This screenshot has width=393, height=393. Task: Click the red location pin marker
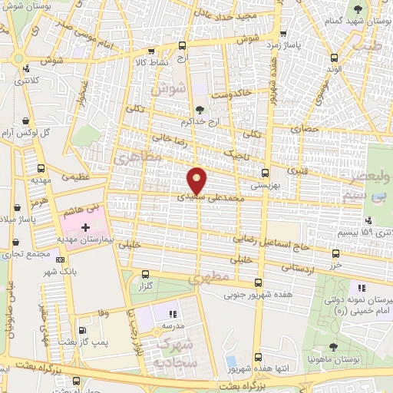pyautogui.click(x=197, y=180)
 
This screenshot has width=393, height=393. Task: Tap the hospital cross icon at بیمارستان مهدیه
pyautogui.click(x=85, y=228)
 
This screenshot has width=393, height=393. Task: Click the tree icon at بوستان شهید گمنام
pyautogui.click(x=358, y=8)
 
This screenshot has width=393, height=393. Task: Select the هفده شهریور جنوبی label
pyautogui.click(x=253, y=293)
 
